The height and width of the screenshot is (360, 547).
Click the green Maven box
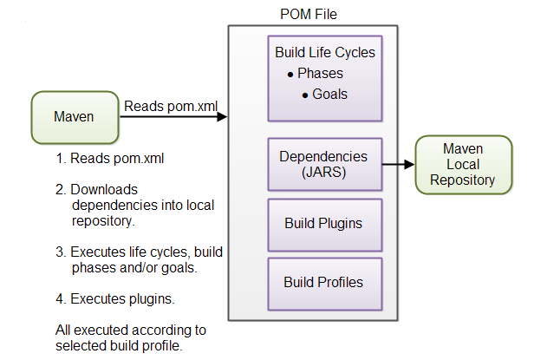pos(74,117)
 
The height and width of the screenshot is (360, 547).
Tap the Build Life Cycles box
pos(324,79)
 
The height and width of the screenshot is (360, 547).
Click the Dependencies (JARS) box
pos(324,163)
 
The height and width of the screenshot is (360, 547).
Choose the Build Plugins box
pos(324,223)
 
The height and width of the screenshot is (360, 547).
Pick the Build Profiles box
pos(324,282)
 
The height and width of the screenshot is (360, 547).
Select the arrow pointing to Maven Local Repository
pos(398,163)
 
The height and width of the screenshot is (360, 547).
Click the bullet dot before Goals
pos(305,94)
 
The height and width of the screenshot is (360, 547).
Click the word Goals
pos(329,93)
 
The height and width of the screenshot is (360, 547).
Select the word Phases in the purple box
pos(320,74)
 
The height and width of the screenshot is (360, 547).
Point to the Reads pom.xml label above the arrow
pos(170,106)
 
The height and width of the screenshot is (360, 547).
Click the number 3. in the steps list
pos(61,252)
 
